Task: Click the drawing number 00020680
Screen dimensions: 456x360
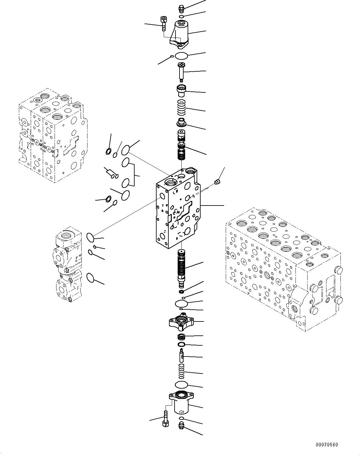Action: (326, 445)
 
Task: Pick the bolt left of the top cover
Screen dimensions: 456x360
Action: (163, 24)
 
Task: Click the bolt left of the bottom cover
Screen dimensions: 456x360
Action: (165, 419)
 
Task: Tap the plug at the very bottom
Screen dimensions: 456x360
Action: (182, 426)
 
